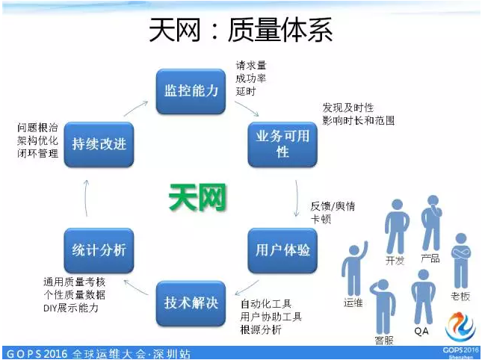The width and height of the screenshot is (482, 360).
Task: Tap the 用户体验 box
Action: [x=282, y=249]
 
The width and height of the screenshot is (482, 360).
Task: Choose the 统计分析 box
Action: [x=99, y=249]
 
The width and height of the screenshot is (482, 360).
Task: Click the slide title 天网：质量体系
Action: [x=241, y=31]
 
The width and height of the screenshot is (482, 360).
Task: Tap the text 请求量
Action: [x=251, y=65]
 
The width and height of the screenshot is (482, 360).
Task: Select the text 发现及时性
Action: [x=348, y=108]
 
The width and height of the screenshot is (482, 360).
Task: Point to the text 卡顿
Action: [x=321, y=220]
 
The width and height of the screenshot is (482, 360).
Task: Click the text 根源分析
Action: [x=261, y=329]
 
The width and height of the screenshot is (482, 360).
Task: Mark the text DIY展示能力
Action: [x=70, y=307]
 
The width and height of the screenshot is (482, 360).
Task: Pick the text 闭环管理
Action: [x=37, y=154]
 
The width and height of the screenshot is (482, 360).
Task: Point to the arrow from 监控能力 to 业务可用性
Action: [x=245, y=108]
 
